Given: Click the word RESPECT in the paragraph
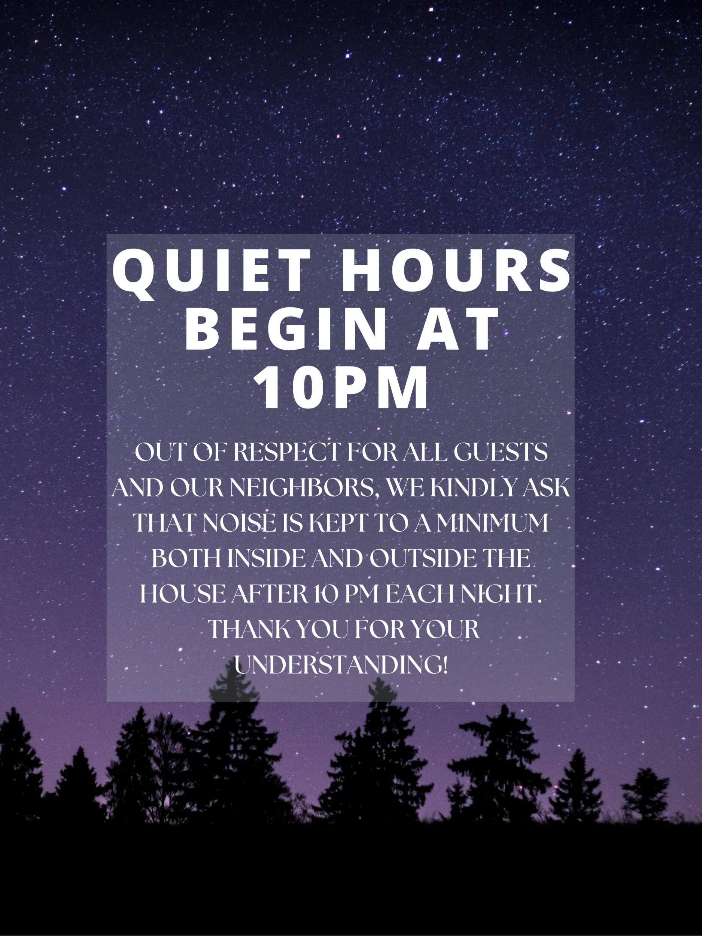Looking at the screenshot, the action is (x=287, y=453).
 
